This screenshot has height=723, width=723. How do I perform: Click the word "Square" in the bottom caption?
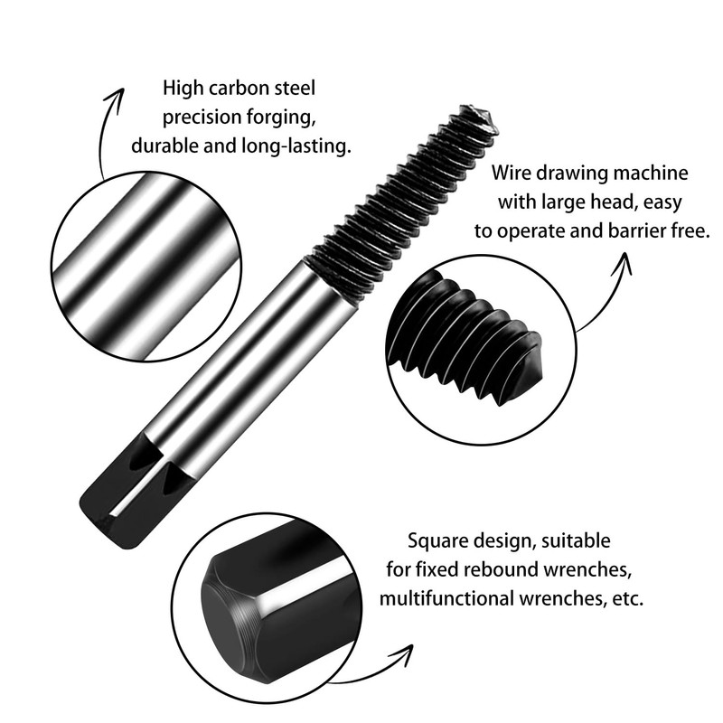(437, 542)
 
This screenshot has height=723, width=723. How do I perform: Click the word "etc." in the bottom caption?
(625, 598)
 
